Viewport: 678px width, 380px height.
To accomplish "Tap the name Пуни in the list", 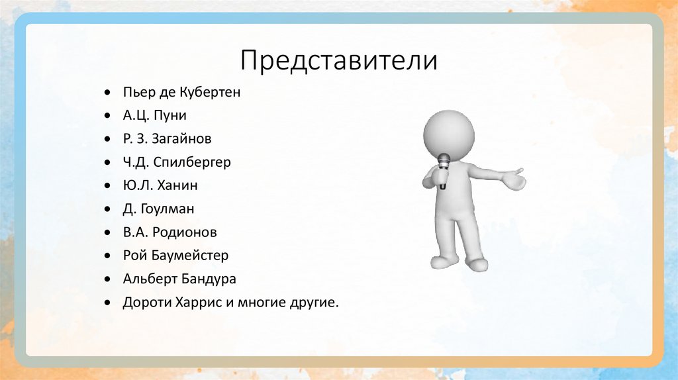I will click(x=171, y=116).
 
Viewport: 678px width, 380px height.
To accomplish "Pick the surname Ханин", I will click(x=177, y=185).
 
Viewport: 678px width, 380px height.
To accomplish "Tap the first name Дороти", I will click(x=142, y=303).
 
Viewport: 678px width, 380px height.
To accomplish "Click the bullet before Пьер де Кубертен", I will click(x=108, y=93).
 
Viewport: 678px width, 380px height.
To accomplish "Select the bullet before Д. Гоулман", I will click(x=108, y=209).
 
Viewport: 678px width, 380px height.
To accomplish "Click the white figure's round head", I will click(x=449, y=132).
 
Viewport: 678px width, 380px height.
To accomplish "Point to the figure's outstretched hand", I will click(x=512, y=179).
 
